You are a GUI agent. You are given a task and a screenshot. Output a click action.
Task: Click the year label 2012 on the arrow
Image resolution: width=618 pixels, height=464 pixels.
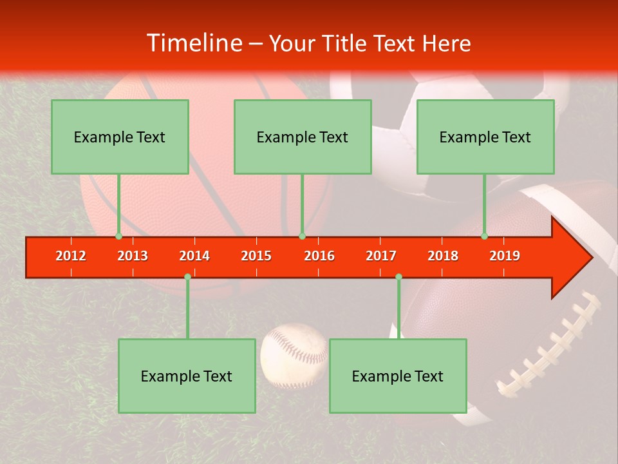[71, 256]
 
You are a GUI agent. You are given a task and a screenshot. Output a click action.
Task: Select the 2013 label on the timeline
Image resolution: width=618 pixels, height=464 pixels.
[133, 256]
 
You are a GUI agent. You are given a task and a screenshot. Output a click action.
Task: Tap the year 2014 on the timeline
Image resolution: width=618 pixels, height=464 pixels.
[194, 256]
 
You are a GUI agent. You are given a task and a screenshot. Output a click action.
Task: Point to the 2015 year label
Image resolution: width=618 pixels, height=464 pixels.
[256, 256]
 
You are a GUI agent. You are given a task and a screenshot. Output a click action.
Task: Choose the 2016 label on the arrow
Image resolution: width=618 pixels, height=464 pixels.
[319, 256]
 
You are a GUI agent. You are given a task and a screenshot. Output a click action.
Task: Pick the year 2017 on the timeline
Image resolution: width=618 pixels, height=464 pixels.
[380, 256]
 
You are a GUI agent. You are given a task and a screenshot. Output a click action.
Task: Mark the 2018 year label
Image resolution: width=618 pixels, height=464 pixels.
[443, 256]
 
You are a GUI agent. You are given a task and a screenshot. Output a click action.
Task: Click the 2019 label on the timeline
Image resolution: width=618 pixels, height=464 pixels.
[505, 256]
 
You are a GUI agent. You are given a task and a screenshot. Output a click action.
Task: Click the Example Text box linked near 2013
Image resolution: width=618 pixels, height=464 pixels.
[120, 137]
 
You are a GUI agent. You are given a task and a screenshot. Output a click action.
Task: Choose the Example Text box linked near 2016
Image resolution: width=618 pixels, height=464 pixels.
[303, 137]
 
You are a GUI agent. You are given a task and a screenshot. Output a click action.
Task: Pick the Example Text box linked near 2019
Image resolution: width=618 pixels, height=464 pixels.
[485, 137]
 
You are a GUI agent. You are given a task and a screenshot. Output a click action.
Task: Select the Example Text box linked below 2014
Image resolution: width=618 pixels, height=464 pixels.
[187, 376]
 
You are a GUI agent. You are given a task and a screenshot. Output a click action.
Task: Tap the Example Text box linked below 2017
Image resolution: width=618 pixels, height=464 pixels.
[398, 376]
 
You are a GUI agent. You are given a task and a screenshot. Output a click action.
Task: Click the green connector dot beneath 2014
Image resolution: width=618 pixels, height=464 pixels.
[187, 276]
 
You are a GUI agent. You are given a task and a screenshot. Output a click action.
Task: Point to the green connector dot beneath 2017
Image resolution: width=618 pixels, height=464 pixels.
[398, 276]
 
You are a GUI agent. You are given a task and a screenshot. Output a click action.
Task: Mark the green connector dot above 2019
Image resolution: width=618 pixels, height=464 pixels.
[484, 236]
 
